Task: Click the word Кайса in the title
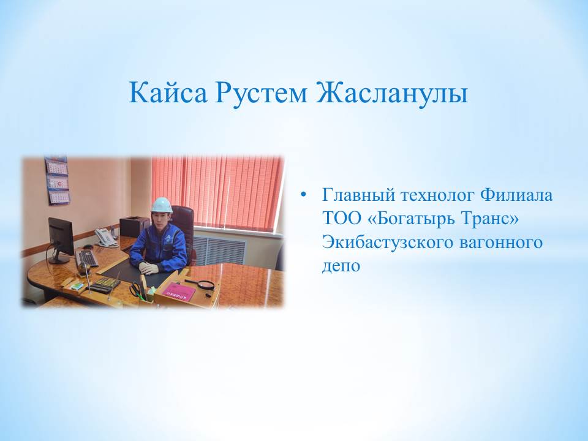168,92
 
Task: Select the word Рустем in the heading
261,92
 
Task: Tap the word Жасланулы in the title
391,92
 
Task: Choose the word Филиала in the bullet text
517,195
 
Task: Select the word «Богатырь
404,219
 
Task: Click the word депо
341,266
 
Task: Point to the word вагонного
501,243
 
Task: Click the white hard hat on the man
162,205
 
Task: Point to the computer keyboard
86,258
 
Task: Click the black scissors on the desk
136,290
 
